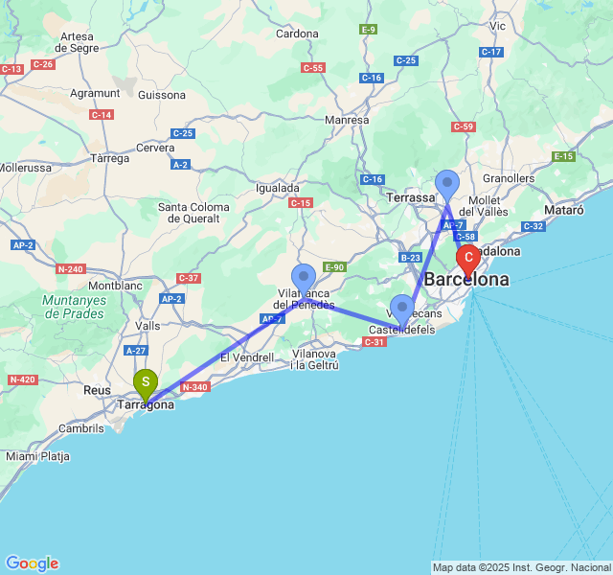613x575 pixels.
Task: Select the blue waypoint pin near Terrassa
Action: pos(447,184)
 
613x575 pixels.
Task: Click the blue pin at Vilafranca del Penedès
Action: pos(304,278)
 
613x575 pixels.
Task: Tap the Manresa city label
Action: pos(347,120)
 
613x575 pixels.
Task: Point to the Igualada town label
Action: pos(278,188)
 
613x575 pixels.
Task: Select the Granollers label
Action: pos(509,178)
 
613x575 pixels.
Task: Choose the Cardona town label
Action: pos(297,34)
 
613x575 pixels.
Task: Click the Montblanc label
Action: pos(115,286)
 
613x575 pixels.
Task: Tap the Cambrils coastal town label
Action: pos(80,428)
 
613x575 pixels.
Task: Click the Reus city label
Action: pos(97,390)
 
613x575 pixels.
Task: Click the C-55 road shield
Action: pos(313,68)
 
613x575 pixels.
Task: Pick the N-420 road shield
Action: pos(21,380)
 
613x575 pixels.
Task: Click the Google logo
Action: pos(32,563)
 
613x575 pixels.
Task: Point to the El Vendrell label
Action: pos(247,357)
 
